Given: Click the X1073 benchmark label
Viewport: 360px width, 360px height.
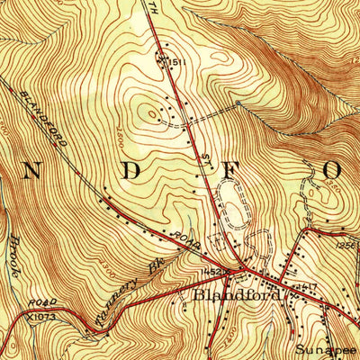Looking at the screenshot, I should click(x=39, y=317).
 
